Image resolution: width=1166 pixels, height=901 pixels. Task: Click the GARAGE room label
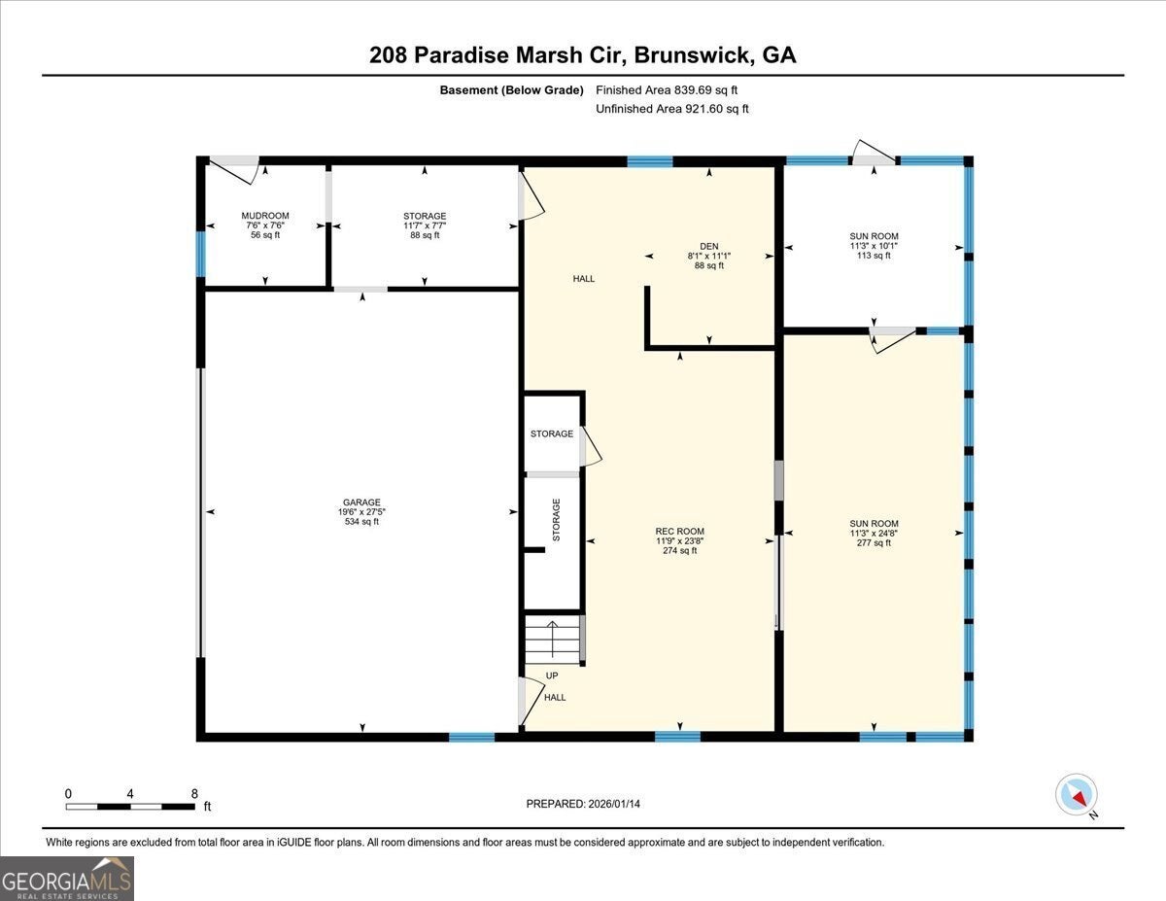[361, 502]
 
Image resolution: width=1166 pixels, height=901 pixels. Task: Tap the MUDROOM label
[265, 216]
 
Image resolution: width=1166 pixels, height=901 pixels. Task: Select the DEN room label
[708, 246]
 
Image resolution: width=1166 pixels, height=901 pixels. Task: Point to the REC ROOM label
[680, 532]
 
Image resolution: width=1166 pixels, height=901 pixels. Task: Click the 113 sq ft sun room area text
[874, 256]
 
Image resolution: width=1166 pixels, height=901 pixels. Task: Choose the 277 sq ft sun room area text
[874, 542]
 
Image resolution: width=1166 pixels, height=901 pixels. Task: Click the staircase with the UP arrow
[552, 640]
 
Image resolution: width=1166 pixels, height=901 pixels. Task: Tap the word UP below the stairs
[552, 676]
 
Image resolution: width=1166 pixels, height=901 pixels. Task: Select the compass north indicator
[1077, 795]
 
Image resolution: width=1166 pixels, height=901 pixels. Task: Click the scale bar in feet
[130, 806]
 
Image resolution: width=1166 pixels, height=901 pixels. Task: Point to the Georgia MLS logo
[66, 879]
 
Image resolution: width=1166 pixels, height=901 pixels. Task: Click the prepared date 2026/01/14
[614, 804]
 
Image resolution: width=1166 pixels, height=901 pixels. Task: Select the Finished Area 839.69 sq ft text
[667, 90]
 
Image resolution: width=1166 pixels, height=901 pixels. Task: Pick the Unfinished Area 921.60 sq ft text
[671, 109]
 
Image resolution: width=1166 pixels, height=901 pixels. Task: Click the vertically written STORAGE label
[557, 519]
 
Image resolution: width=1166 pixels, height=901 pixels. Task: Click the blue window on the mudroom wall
[200, 254]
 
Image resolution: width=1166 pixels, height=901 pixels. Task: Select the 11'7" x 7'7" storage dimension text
[425, 225]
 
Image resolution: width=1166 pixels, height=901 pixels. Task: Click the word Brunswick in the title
[692, 55]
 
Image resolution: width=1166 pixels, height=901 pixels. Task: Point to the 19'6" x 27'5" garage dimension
[361, 512]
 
